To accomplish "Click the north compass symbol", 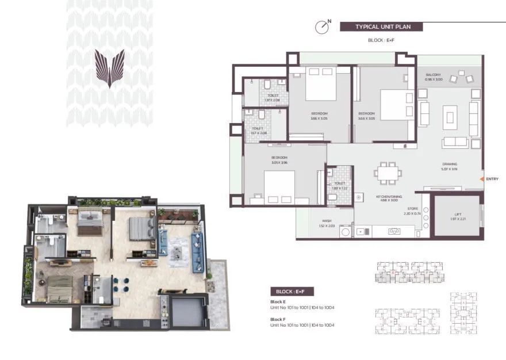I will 323,27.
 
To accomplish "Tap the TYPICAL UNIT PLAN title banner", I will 381,26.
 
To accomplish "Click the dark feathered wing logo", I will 109,67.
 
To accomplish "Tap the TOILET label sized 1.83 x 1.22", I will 339,186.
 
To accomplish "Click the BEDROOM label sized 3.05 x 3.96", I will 279,159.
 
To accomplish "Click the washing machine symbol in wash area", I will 346,232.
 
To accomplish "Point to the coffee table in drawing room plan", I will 449,118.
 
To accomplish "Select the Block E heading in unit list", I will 278,301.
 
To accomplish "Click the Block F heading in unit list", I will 278,319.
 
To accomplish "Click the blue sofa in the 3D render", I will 198,253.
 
